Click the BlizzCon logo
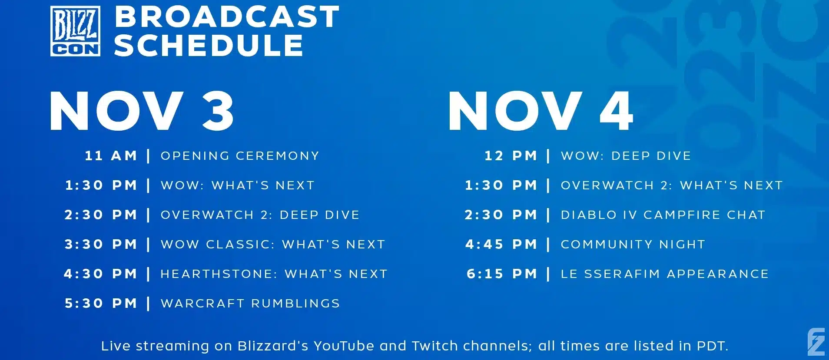[75, 31]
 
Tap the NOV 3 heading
[142, 111]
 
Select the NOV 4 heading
[541, 111]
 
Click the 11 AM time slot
[111, 155]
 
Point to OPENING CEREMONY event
[240, 155]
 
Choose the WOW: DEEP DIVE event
[626, 155]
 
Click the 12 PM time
[511, 155]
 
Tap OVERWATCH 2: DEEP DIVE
[260, 215]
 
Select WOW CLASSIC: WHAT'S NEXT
[273, 244]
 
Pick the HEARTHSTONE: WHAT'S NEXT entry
[274, 274]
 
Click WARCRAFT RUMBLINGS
[250, 303]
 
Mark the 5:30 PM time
[101, 303]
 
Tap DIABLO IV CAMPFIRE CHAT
[663, 215]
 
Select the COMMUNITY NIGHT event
[633, 244]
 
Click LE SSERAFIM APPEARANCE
[665, 274]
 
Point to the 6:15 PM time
[502, 274]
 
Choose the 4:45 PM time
[501, 244]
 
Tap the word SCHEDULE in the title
[209, 45]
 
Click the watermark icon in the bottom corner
[816, 342]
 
